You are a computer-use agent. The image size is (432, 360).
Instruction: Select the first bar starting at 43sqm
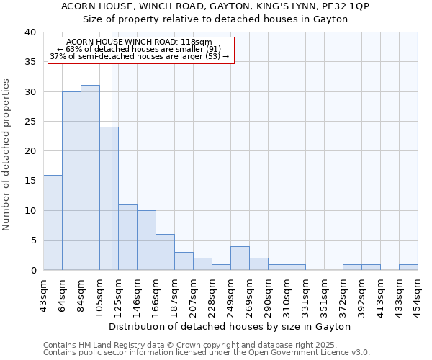[53, 222]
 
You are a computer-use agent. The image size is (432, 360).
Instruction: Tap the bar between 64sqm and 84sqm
[71, 181]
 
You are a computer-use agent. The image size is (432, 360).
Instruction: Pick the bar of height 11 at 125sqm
[127, 238]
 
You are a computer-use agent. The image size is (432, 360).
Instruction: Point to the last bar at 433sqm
[408, 267]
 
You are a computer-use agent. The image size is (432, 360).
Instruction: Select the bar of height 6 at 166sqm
[165, 252]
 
